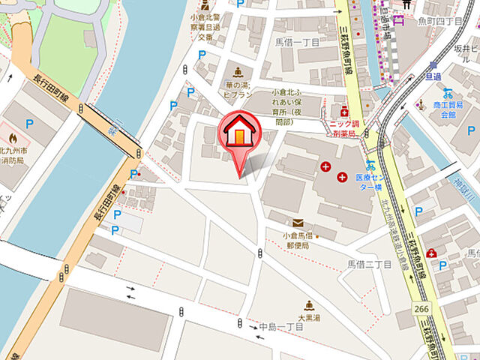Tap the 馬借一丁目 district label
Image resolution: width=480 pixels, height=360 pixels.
click(x=296, y=43)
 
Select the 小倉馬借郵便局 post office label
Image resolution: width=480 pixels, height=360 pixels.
click(x=296, y=240)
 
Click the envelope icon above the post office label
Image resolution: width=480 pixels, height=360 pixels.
click(x=298, y=223)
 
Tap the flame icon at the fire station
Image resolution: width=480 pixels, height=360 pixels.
click(x=12, y=138)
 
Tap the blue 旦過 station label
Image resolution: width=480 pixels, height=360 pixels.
click(x=433, y=76)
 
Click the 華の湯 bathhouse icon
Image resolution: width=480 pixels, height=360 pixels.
click(x=238, y=72)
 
